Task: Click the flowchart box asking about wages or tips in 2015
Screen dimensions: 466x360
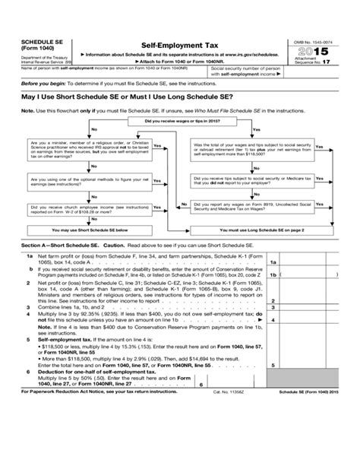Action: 179,120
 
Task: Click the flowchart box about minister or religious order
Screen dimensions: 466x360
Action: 87,148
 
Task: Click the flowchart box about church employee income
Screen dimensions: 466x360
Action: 87,206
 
